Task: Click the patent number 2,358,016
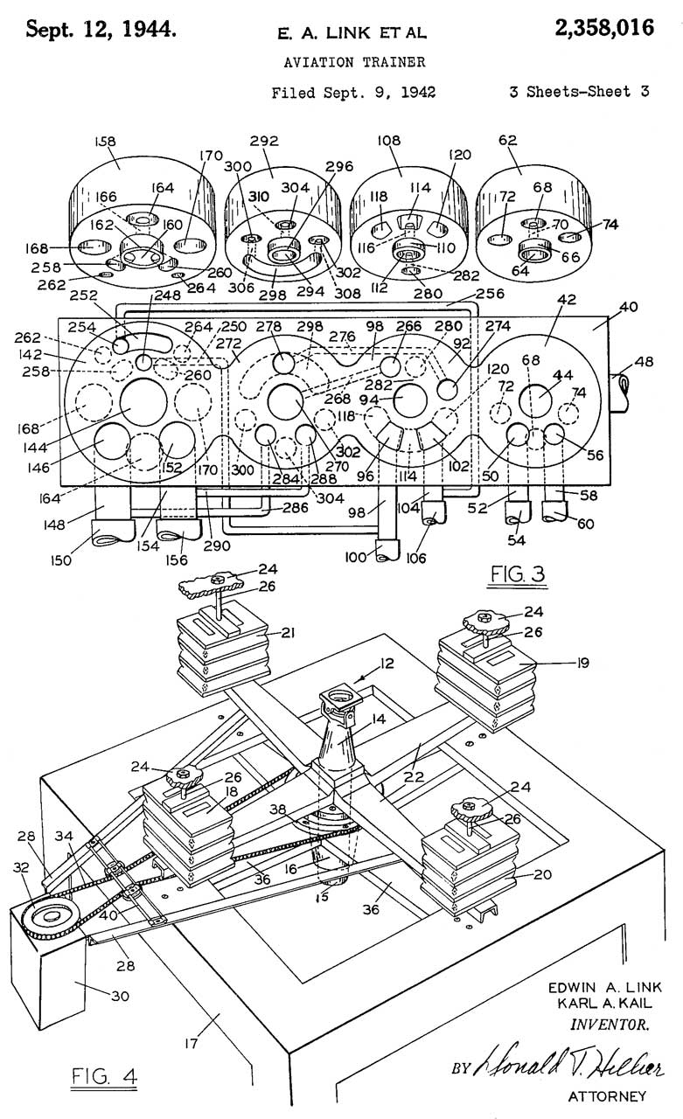pos(603,28)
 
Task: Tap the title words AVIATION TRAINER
pos(354,62)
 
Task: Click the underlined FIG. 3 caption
pos(517,573)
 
